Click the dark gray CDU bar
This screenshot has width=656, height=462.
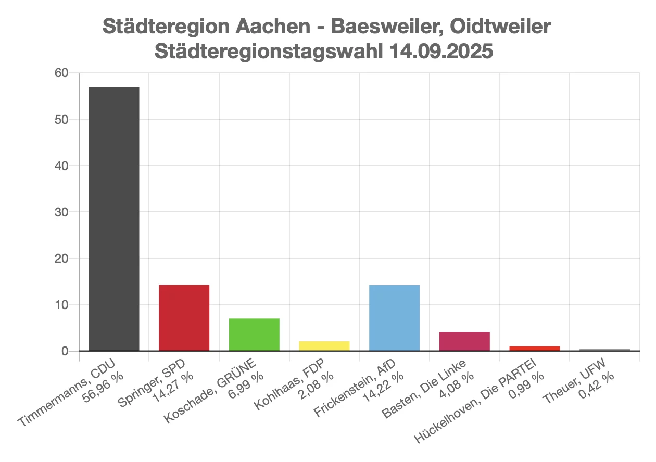click(114, 219)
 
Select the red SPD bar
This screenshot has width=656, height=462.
click(184, 317)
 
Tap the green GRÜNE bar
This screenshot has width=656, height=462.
click(254, 335)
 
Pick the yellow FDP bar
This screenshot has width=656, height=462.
click(324, 346)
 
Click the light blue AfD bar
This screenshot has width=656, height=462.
click(394, 317)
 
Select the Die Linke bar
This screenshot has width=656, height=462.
click(464, 341)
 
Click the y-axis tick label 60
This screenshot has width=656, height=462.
click(61, 73)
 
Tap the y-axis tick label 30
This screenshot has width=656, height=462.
click(61, 212)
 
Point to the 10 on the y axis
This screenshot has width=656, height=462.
click(61, 305)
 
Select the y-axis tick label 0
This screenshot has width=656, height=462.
click(65, 351)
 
